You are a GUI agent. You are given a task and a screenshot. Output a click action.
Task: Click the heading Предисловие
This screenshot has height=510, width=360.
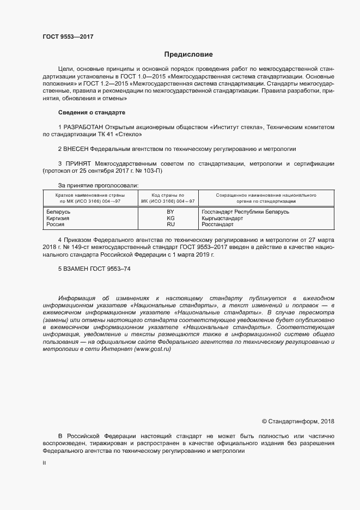tap(188, 54)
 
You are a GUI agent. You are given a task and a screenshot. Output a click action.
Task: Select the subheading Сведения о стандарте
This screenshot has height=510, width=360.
tap(91, 112)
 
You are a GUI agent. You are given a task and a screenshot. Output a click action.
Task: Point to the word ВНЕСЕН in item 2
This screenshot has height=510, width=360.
tap(76, 148)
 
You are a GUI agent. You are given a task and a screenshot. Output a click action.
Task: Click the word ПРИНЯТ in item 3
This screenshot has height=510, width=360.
tap(77, 163)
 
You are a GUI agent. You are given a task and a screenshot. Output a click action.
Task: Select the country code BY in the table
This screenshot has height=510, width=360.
tap(170, 211)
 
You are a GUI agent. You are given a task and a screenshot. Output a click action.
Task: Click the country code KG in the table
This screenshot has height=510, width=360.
tap(170, 217)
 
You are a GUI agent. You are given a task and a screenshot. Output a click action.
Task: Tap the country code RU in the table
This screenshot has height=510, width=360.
tap(170, 224)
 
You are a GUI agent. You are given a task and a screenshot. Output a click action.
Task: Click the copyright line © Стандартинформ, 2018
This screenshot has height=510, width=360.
tap(298, 421)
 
